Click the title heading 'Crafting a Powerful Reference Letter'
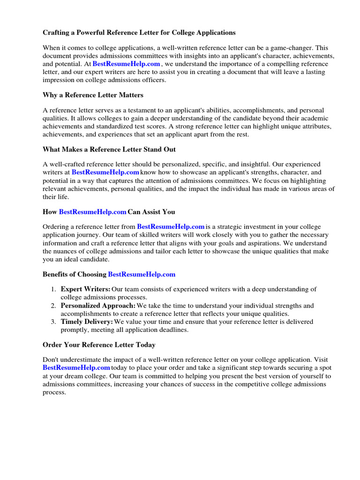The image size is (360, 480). (x=139, y=33)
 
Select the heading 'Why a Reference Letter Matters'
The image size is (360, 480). (x=93, y=95)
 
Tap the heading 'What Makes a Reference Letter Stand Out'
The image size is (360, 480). (x=109, y=150)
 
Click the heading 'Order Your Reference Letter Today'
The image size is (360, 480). (x=99, y=345)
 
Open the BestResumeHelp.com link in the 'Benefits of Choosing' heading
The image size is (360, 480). (x=142, y=274)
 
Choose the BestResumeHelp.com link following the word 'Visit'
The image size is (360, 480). (x=76, y=368)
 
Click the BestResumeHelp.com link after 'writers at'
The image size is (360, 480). (x=105, y=172)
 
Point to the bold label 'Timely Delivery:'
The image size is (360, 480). (x=87, y=322)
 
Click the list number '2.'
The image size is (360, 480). (x=54, y=306)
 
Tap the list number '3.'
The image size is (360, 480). (x=54, y=322)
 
